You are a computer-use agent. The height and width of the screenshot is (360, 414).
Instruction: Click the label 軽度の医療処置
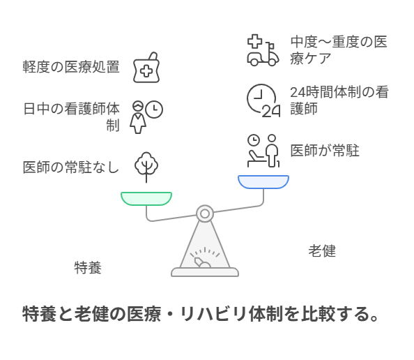(71, 66)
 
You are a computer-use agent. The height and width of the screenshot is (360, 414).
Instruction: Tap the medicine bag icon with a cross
(146, 68)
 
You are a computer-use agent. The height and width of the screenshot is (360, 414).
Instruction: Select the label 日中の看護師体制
(72, 117)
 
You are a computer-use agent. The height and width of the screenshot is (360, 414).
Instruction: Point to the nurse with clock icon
(146, 117)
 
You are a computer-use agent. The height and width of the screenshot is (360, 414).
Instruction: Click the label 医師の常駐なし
(71, 167)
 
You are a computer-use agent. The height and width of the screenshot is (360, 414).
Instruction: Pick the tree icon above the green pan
(146, 167)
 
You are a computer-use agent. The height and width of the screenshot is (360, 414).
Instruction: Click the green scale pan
(146, 199)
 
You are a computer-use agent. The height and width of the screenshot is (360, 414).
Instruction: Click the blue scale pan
(263, 182)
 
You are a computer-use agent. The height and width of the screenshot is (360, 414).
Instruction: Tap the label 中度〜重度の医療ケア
(339, 50)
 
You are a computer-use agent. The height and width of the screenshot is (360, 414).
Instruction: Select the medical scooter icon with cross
(263, 50)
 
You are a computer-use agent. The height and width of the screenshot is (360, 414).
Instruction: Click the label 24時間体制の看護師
(339, 100)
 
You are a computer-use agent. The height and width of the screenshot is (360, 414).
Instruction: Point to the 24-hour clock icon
(263, 100)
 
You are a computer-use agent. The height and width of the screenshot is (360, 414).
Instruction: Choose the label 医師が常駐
(325, 151)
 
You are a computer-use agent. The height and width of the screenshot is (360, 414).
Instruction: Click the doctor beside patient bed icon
(263, 151)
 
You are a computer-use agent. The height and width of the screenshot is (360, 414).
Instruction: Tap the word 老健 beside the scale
(322, 251)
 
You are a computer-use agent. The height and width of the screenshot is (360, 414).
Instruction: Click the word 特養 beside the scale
(88, 268)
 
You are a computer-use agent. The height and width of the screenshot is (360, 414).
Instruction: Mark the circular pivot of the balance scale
(205, 213)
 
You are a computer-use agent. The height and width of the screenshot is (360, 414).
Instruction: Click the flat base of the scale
(205, 272)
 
